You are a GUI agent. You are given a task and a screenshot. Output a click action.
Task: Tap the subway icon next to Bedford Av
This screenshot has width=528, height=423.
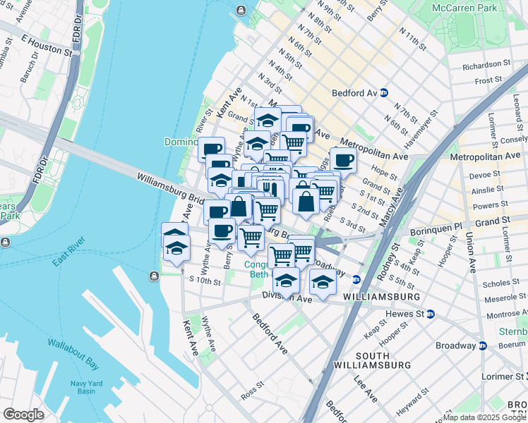pos(384,92)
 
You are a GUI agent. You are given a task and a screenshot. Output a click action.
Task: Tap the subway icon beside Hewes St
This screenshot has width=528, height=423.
pos(429,313)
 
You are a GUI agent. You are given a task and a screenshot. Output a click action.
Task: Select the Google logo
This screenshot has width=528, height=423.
pos(23,415)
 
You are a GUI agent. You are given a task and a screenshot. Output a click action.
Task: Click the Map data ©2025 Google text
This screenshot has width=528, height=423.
pos(484,417)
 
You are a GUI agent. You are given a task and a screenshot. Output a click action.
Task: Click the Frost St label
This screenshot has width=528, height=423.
pos(488,80)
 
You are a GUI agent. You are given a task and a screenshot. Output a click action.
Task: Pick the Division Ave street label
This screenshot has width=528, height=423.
pos(287,299)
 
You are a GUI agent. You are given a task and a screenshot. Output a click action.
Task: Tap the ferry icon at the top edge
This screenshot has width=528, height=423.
pos(241,10)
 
